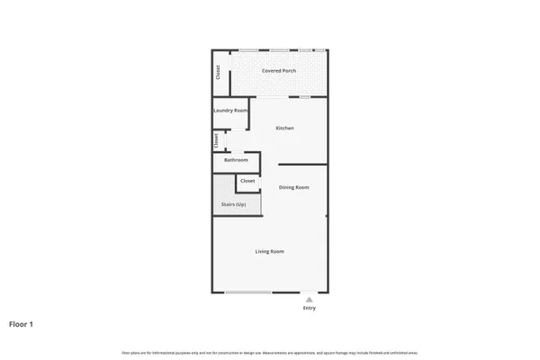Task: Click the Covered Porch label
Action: pyautogui.click(x=280, y=70)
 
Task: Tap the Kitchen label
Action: pyautogui.click(x=285, y=129)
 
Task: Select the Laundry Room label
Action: pyautogui.click(x=229, y=111)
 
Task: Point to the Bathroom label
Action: pyautogui.click(x=236, y=160)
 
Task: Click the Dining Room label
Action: pyautogui.click(x=293, y=187)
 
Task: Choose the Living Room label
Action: pyautogui.click(x=269, y=251)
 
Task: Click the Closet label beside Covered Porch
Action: pyautogui.click(x=218, y=72)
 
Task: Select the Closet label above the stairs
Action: pyautogui.click(x=247, y=181)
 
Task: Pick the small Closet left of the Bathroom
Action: pyautogui.click(x=216, y=141)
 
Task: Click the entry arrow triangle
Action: pyautogui.click(x=310, y=299)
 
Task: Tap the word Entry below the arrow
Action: pyautogui.click(x=310, y=309)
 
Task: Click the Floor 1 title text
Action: pyautogui.click(x=22, y=323)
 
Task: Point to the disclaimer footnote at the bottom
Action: pyautogui.click(x=269, y=350)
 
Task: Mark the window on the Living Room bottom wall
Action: pyautogui.click(x=248, y=292)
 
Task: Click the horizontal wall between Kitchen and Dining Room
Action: pyautogui.click(x=302, y=164)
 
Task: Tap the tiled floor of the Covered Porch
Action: pyautogui.click(x=279, y=84)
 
